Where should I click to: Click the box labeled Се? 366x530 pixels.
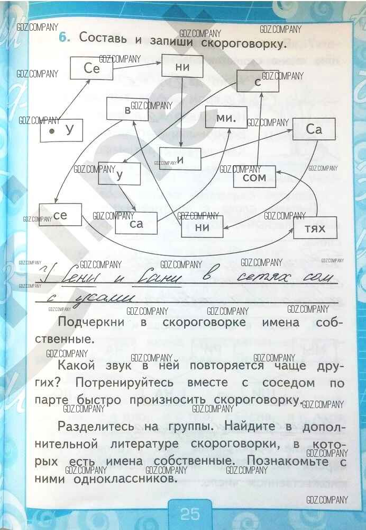coord(91,68)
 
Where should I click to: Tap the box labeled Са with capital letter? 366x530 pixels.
coord(314,130)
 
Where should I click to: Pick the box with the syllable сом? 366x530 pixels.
coord(254,177)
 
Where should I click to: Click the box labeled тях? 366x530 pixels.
coord(316,228)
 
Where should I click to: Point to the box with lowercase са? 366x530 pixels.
coord(136,224)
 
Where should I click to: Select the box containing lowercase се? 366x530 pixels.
coord(60,215)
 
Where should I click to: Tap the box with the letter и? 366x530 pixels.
coord(180,160)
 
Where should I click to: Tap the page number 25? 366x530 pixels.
coord(189,513)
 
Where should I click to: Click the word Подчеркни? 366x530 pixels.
coord(91,322)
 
